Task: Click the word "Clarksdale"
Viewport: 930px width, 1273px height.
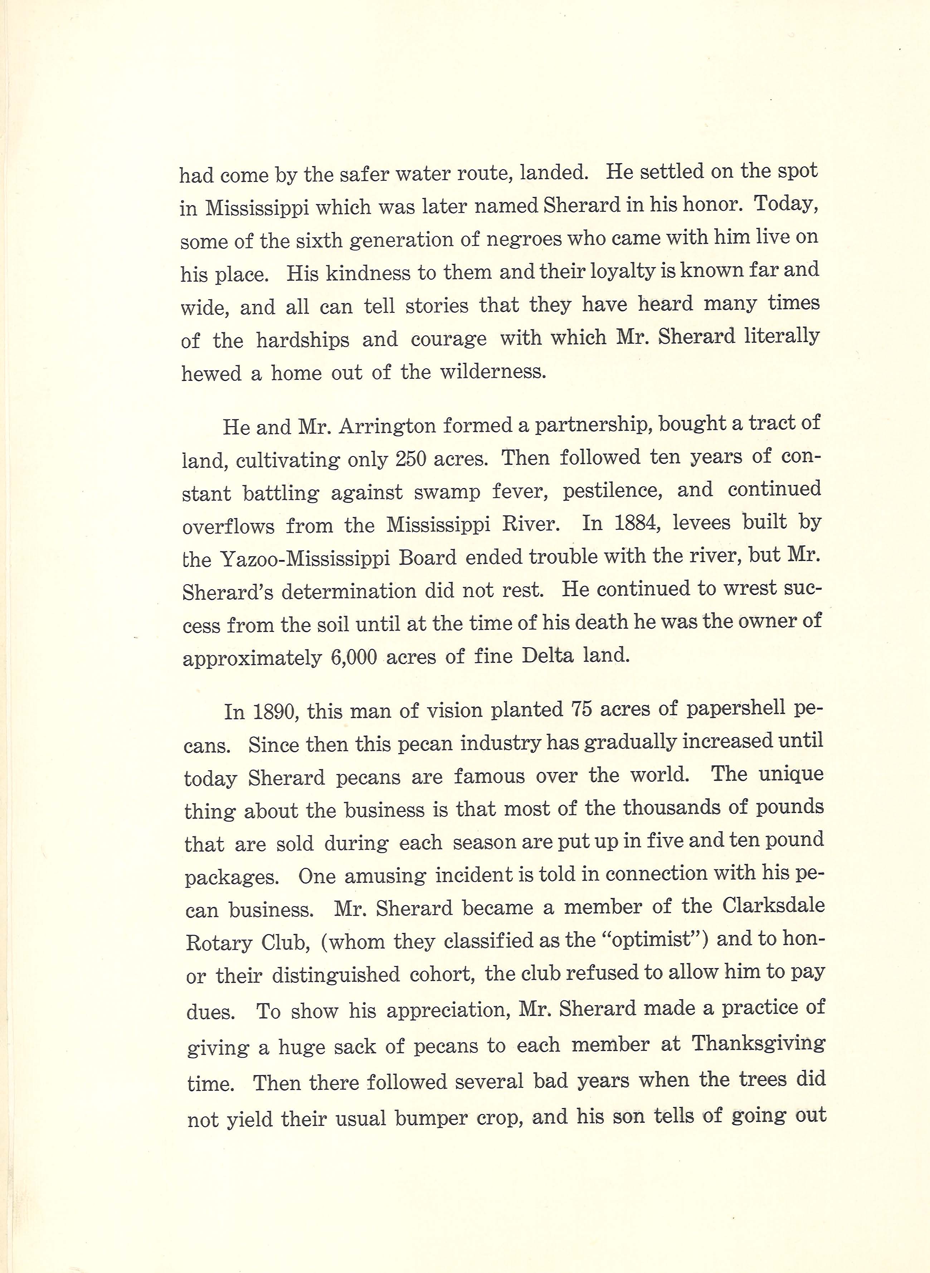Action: [x=774, y=906]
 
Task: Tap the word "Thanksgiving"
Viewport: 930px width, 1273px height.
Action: [x=758, y=1044]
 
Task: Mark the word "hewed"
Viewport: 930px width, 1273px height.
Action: [x=210, y=373]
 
